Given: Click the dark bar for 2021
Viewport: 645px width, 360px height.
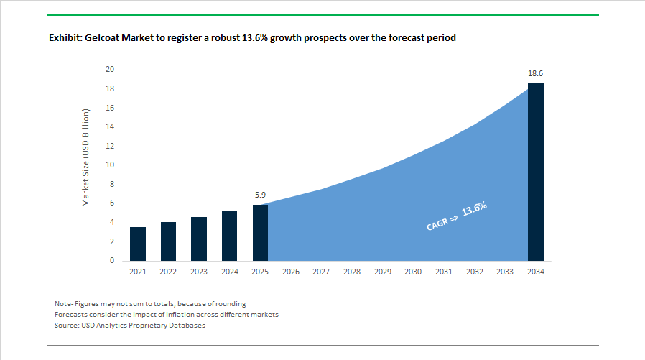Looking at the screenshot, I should click(x=137, y=244).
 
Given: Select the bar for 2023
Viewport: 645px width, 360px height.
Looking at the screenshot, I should click(x=199, y=239).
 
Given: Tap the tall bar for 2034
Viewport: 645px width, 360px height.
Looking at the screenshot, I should click(x=536, y=172).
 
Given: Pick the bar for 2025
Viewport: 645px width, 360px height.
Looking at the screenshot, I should click(x=260, y=233).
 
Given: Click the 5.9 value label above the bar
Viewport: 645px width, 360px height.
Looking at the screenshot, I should click(x=261, y=195).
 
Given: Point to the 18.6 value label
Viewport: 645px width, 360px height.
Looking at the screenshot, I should click(x=536, y=73).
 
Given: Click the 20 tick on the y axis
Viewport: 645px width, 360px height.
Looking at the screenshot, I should click(x=110, y=70).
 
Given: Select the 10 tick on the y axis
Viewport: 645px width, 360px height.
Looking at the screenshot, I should click(x=110, y=165).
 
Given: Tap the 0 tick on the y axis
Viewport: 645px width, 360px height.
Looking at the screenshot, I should click(x=112, y=261).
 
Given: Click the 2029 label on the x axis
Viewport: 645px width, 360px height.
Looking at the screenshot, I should click(x=382, y=272).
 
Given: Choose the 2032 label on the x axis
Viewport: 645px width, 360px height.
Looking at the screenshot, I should click(x=474, y=272).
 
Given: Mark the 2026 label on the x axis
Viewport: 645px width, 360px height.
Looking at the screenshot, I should click(x=291, y=272).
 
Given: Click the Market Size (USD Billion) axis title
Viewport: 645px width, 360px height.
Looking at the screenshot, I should click(x=85, y=157).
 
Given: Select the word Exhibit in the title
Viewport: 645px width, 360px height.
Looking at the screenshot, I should click(x=65, y=37).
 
